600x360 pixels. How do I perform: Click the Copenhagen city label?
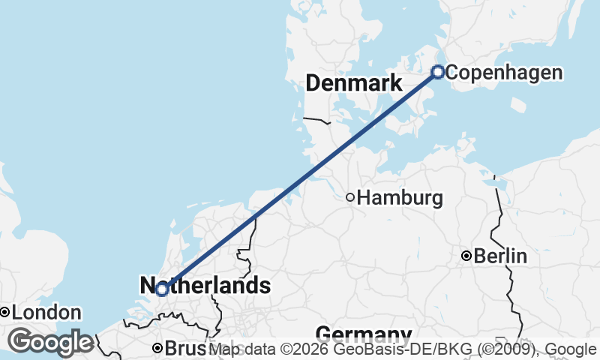[x=508, y=73]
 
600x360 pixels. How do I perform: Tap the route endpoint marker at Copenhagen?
[x=438, y=72]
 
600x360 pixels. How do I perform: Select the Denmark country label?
[x=354, y=83]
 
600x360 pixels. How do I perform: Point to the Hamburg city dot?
[x=350, y=197]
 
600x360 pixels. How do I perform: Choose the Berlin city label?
[x=500, y=256]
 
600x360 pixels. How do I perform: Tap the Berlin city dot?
[x=466, y=256]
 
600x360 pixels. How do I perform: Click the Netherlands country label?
[x=205, y=286]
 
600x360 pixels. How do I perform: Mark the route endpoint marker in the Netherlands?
[x=161, y=289]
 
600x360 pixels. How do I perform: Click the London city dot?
[x=4, y=312]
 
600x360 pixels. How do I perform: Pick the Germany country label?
[x=364, y=334]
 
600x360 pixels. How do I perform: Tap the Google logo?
[x=51, y=342]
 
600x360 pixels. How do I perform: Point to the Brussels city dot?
[x=157, y=348]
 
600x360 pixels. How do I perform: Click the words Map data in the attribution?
[x=243, y=349]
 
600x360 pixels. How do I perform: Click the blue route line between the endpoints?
[x=300, y=180]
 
